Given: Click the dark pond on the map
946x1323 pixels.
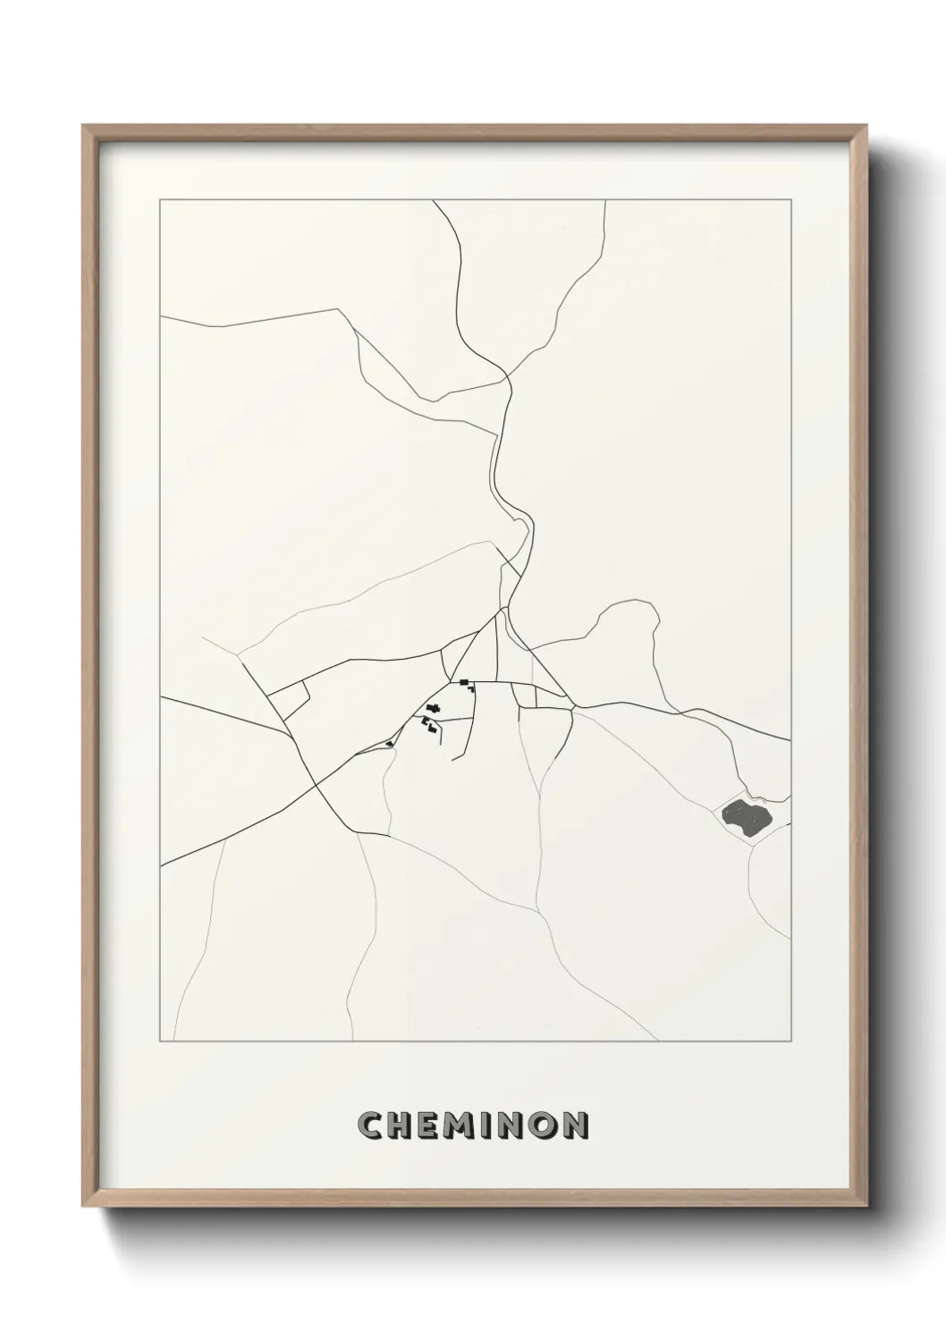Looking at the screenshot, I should pyautogui.click(x=744, y=815).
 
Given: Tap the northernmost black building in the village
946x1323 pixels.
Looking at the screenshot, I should pyautogui.click(x=464, y=683).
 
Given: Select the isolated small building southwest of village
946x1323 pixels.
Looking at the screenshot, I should pyautogui.click(x=389, y=744).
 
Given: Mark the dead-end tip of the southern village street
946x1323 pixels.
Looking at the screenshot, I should pyautogui.click(x=453, y=761).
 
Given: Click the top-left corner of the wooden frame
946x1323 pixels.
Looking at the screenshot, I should pyautogui.click(x=84, y=126).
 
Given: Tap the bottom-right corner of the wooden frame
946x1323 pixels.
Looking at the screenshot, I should pyautogui.click(x=866, y=1204).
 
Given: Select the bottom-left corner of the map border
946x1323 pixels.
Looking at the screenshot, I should pyautogui.click(x=160, y=1041).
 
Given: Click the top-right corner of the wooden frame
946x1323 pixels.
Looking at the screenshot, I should pyautogui.click(x=866, y=126).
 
